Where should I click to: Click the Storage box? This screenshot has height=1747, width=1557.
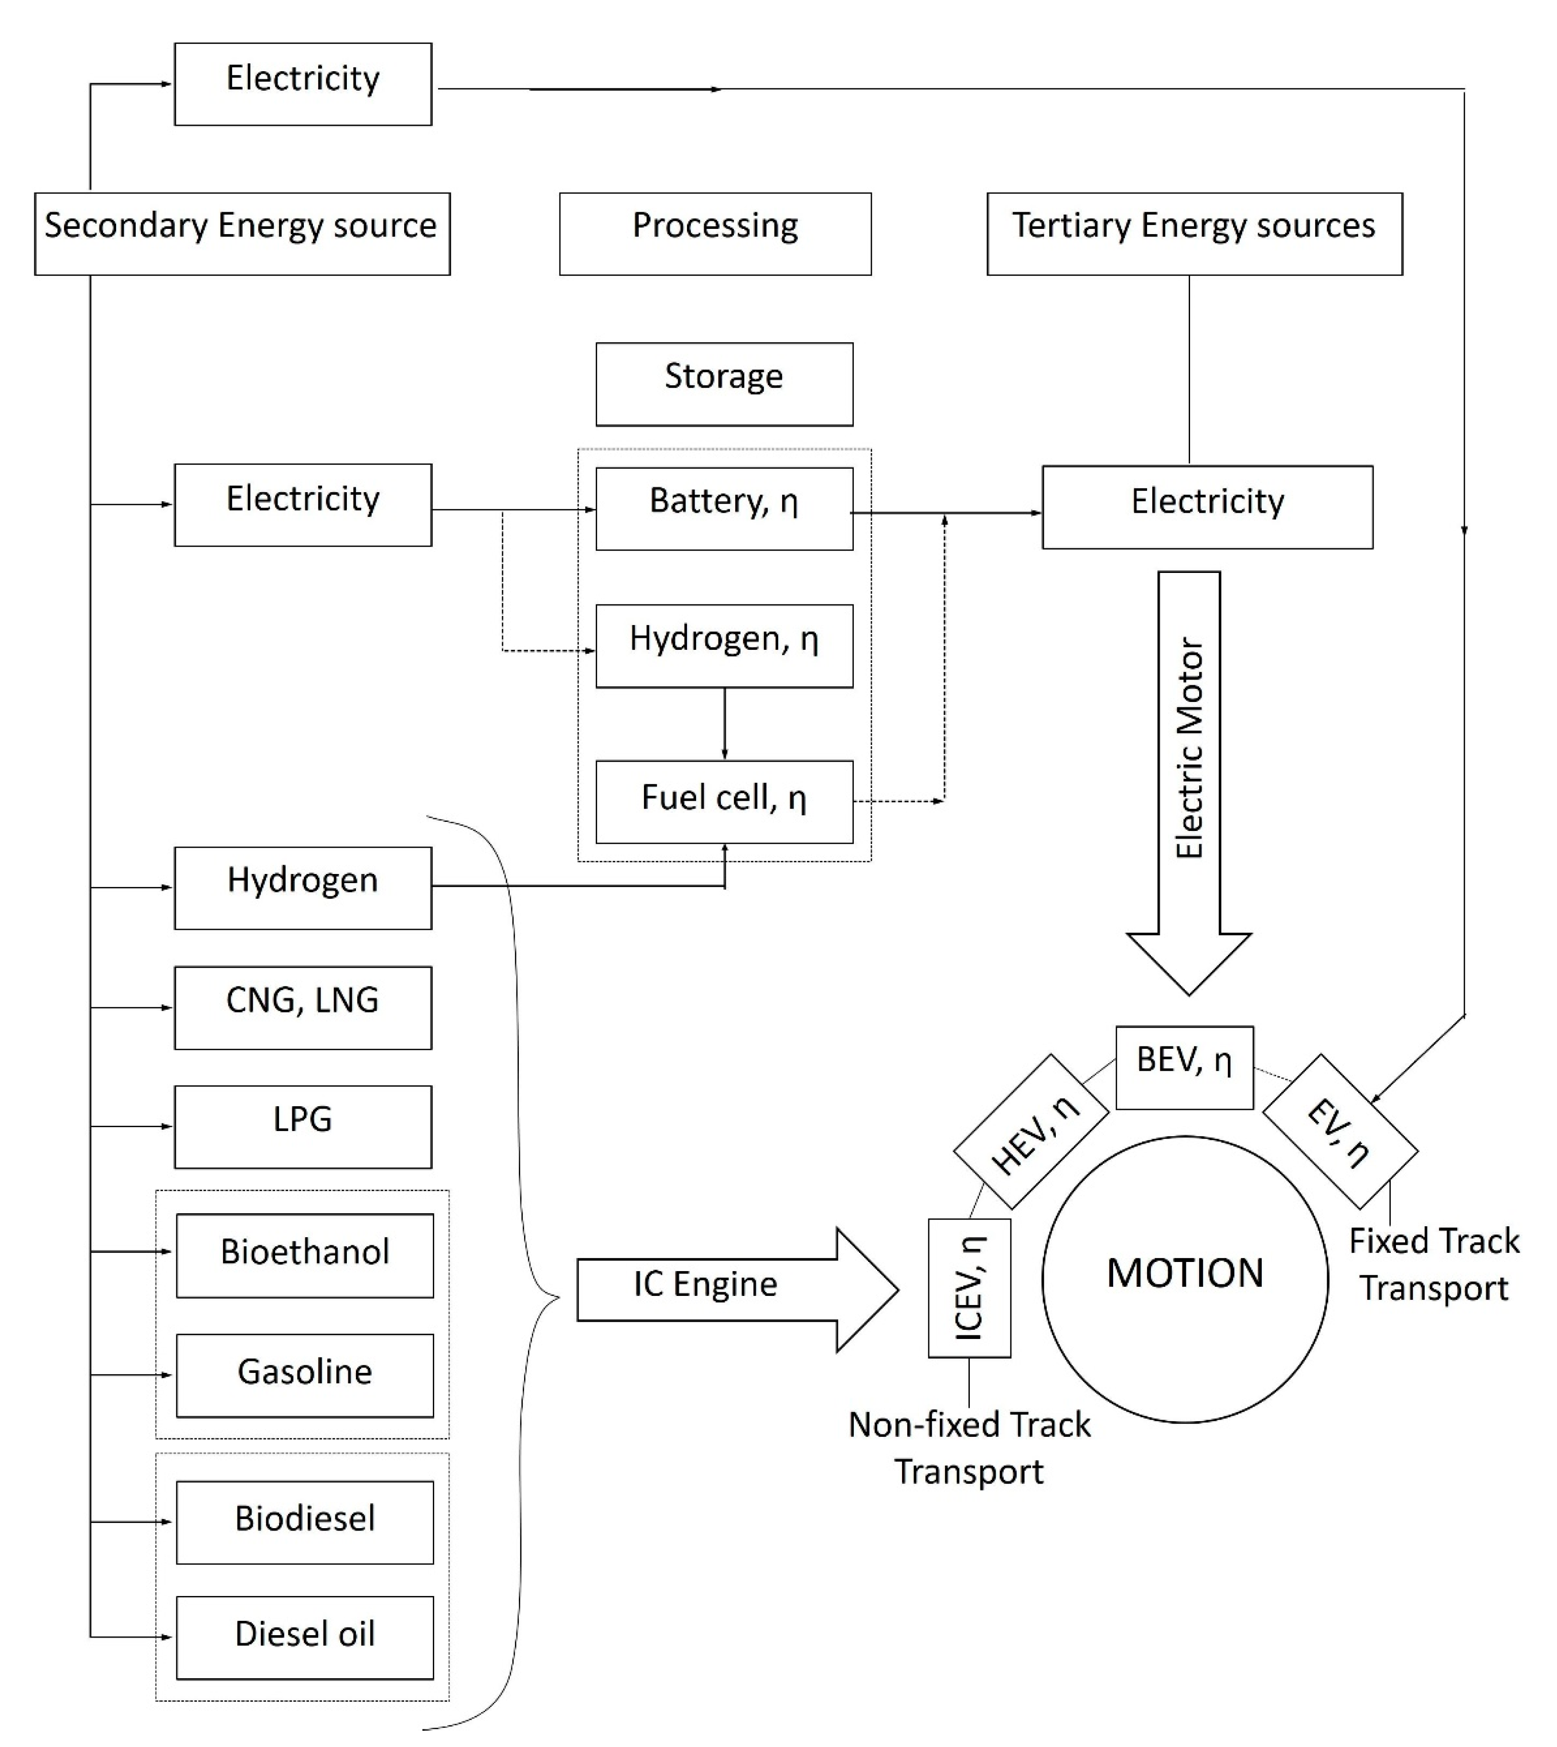point(724,384)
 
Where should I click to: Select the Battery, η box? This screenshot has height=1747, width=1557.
point(724,508)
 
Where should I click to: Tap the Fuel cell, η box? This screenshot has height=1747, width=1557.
point(724,802)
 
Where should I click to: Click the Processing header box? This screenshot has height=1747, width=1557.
point(715,234)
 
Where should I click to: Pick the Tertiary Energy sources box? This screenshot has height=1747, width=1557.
point(1194,234)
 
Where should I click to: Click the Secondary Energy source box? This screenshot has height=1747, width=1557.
point(242,234)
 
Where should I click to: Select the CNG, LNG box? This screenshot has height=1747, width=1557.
point(303,1008)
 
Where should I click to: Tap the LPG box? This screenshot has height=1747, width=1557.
point(303,1127)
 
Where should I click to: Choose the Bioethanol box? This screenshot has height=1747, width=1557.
point(304,1255)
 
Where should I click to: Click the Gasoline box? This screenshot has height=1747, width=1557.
point(304,1375)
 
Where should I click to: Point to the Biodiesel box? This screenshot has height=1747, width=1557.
point(304,1522)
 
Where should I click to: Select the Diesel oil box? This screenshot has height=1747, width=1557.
point(304,1638)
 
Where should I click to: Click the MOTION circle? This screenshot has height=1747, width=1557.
point(1185,1279)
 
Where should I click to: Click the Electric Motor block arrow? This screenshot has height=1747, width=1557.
point(1189,770)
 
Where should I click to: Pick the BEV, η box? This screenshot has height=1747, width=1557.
point(1185,1067)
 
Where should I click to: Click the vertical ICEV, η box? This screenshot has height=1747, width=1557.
point(969,1288)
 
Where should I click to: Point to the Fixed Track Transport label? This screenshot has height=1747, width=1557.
point(1434,1264)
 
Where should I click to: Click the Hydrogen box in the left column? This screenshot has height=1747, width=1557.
point(303,888)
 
